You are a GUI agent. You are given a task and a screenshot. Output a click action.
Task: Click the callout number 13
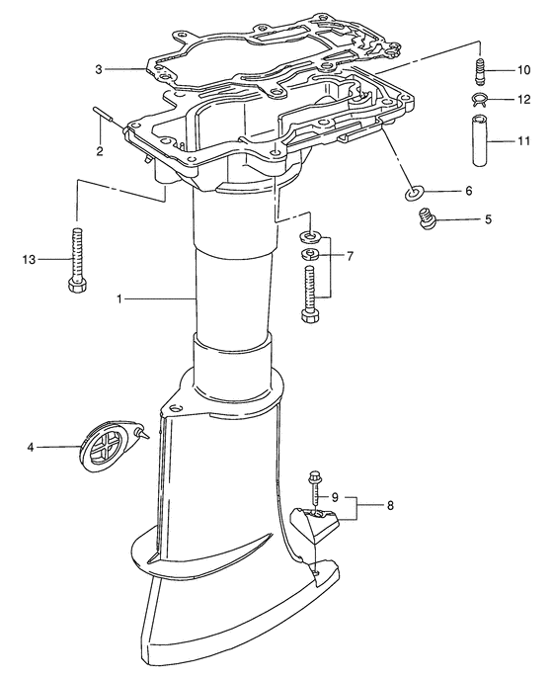(x=30, y=260)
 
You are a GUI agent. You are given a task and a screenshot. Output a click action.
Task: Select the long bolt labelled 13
(x=78, y=260)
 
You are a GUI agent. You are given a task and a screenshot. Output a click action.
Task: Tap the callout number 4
(x=31, y=448)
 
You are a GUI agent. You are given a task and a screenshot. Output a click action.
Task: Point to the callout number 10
(x=523, y=70)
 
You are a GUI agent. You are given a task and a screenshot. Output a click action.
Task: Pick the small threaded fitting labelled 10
(x=480, y=69)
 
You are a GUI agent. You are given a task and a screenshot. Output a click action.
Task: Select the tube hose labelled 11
(x=481, y=140)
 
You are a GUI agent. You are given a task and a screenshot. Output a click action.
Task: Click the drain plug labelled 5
(x=427, y=217)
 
